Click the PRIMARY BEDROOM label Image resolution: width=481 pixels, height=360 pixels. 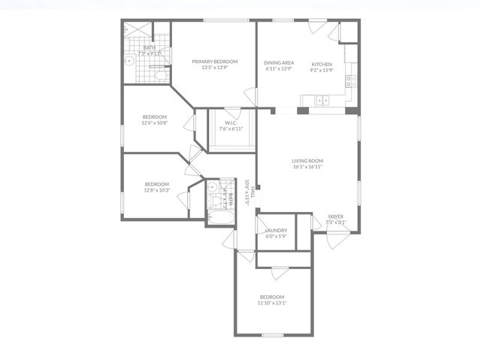click(214, 62)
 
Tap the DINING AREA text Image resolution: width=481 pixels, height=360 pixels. click(278, 63)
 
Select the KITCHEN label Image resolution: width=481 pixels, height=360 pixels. click(322, 63)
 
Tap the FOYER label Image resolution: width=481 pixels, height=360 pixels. click(337, 217)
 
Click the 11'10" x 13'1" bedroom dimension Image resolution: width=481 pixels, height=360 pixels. click(272, 303)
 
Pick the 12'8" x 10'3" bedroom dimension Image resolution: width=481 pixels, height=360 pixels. click(157, 191)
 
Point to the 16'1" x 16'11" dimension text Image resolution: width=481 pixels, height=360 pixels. click(307, 167)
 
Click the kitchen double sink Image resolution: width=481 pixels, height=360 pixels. click(321, 100)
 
